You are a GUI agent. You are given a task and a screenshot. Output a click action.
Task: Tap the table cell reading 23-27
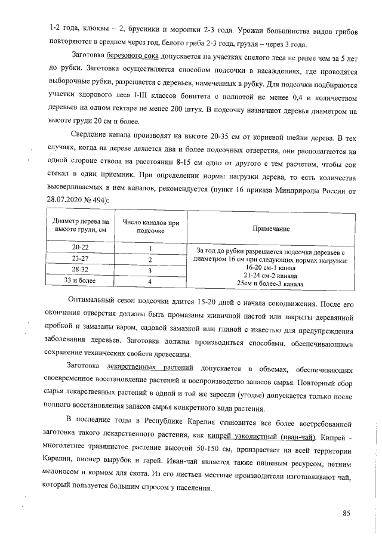tap(80, 260)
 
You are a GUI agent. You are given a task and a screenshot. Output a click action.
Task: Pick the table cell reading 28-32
tap(80, 270)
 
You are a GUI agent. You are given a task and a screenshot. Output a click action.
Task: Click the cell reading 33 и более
tap(80, 281)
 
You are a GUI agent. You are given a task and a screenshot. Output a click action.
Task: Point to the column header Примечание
tap(271, 229)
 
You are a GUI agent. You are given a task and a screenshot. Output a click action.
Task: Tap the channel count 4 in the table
tap(150, 281)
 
